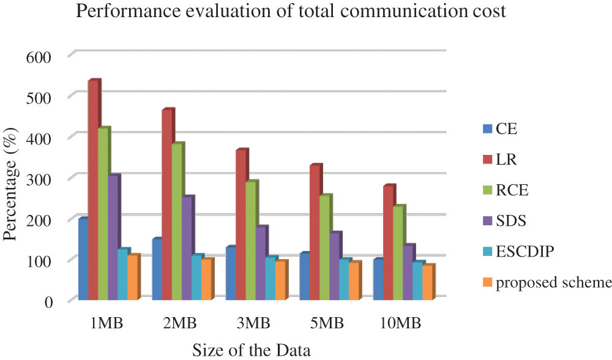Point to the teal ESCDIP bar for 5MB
[x=345, y=280]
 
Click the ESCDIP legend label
[x=524, y=252]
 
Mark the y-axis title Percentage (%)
[x=12, y=178]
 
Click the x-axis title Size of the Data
[x=252, y=350]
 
